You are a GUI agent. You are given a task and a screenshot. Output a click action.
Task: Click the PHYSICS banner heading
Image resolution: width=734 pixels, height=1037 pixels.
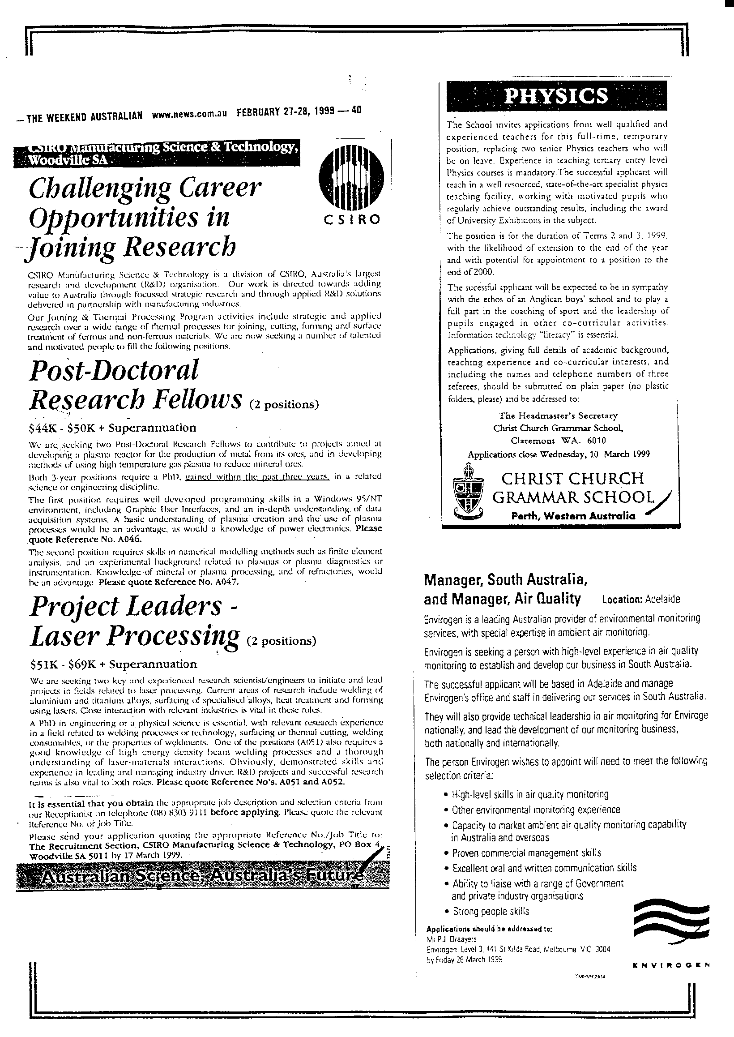(x=555, y=96)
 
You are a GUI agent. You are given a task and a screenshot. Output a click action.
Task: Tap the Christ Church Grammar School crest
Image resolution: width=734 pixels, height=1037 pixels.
(x=468, y=493)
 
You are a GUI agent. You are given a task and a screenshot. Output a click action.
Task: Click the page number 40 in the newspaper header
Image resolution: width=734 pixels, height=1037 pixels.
(x=356, y=110)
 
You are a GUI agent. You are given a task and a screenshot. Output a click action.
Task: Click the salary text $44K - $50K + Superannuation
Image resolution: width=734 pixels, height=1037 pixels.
(x=112, y=428)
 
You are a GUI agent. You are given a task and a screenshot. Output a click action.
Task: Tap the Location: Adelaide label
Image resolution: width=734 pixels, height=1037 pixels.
(x=641, y=600)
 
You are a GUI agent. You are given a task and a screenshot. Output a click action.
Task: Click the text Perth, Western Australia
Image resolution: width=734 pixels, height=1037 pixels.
(x=572, y=516)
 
